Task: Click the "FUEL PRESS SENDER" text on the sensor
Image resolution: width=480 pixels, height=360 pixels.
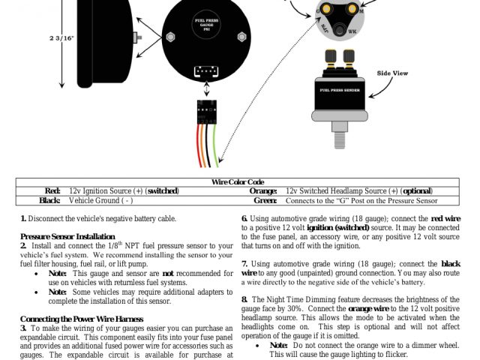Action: (343, 91)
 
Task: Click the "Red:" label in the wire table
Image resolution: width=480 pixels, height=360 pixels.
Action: (52, 191)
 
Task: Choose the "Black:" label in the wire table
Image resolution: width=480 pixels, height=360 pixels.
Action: (49, 201)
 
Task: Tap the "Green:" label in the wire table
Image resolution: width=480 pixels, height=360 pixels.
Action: (265, 201)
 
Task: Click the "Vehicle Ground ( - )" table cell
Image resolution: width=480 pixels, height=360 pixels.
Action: (100, 201)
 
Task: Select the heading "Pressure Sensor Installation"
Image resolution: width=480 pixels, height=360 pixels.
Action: (67, 236)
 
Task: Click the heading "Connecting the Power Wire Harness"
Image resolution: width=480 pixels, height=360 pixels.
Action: (79, 319)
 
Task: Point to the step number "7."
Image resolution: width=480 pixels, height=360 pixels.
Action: (245, 264)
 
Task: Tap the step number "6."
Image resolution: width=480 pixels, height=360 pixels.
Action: (244, 218)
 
